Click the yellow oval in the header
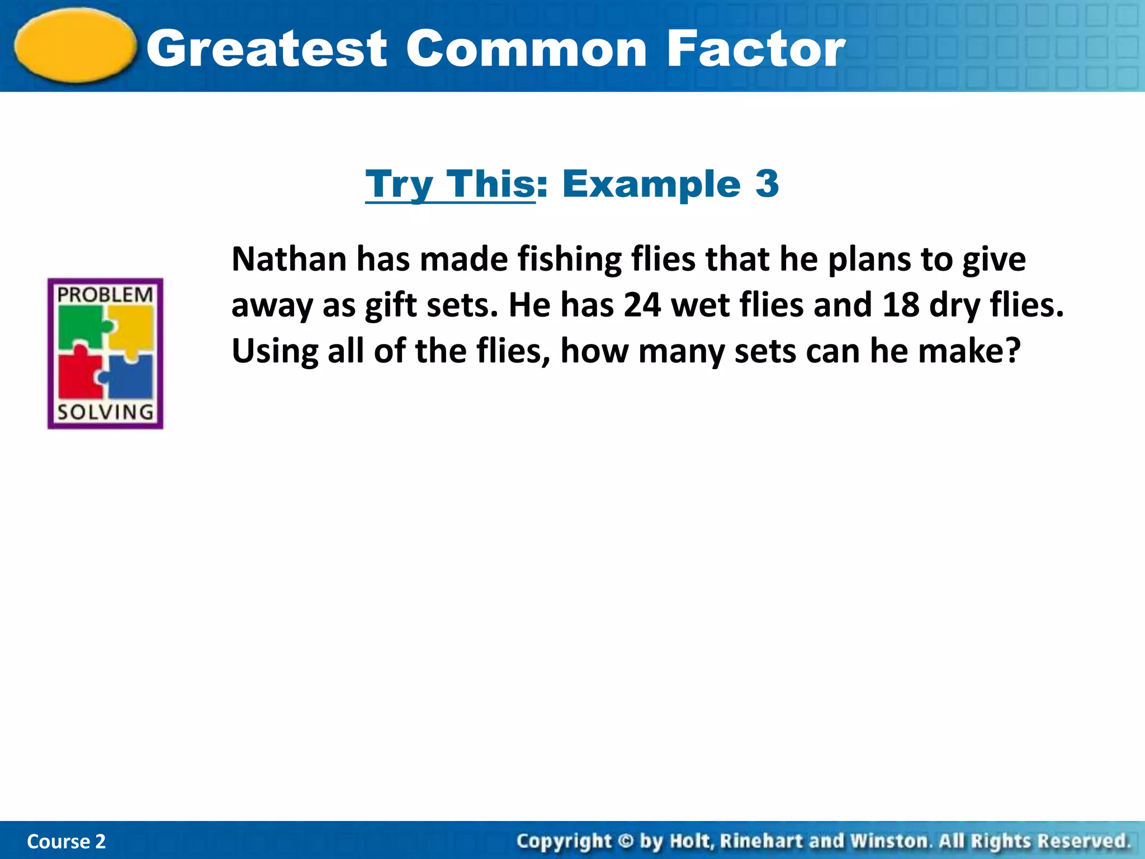pos(75,46)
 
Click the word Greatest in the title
pos(267,49)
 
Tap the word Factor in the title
pos(756,49)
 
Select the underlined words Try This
pos(451,184)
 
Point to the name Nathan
pos(289,259)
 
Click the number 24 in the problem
pos(642,305)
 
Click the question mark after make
pos(1012,351)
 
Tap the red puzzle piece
pos(79,375)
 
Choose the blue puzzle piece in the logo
pos(130,377)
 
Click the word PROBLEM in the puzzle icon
pos(105,295)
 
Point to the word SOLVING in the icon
pos(105,412)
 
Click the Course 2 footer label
pos(66,841)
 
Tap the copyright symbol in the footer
pos(626,841)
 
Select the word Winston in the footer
pos(889,841)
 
